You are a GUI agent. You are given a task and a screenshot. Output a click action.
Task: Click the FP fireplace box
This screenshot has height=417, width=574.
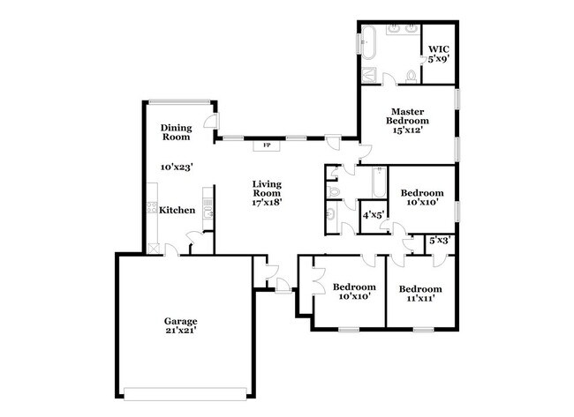[x=266, y=145]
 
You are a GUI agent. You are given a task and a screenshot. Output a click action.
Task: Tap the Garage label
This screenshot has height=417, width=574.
[x=179, y=321]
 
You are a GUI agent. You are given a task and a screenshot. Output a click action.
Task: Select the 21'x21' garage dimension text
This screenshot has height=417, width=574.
[x=179, y=331]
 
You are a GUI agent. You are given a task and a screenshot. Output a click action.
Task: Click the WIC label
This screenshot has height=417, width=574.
[x=438, y=48]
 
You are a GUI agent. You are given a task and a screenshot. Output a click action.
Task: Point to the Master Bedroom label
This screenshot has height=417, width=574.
[x=410, y=115]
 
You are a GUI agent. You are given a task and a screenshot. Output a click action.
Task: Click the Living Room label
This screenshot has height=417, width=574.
[x=267, y=188]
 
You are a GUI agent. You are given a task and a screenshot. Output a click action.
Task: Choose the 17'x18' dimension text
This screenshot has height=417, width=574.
[x=267, y=203]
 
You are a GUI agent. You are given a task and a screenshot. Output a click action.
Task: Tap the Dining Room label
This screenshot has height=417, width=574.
[x=176, y=132]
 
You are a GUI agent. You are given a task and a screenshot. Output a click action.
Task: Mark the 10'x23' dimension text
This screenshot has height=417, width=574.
[x=177, y=166]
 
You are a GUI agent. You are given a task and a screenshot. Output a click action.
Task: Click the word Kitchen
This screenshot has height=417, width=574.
[x=177, y=210]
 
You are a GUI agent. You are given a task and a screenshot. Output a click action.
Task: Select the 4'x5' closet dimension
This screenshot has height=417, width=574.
[x=373, y=214]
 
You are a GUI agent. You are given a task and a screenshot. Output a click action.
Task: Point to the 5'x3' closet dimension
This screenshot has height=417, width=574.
[x=439, y=239]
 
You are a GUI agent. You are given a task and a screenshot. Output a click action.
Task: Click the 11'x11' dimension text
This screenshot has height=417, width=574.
[x=419, y=300]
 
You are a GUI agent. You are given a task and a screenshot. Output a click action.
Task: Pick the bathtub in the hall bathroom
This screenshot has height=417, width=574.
[x=379, y=183]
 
